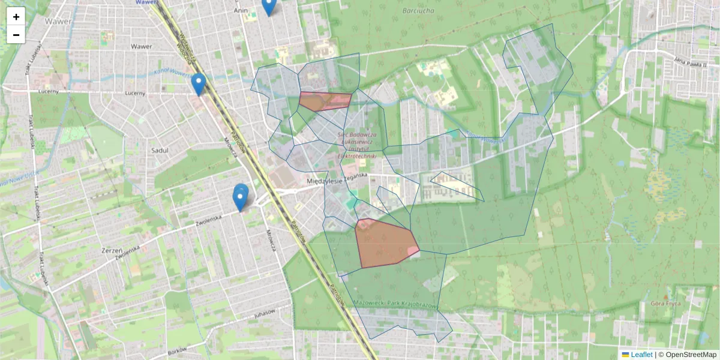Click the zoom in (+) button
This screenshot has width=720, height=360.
(x=16, y=17)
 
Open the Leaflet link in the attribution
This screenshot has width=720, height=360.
(x=641, y=355)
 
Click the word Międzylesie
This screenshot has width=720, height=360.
(x=324, y=180)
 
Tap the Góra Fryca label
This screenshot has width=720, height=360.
(x=665, y=304)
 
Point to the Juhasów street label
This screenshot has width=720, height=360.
(x=264, y=313)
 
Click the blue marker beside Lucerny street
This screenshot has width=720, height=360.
(x=199, y=85)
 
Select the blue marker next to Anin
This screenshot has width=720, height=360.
(x=269, y=6)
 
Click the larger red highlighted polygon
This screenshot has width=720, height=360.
(x=384, y=243)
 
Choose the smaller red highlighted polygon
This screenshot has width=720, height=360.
(x=324, y=101)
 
